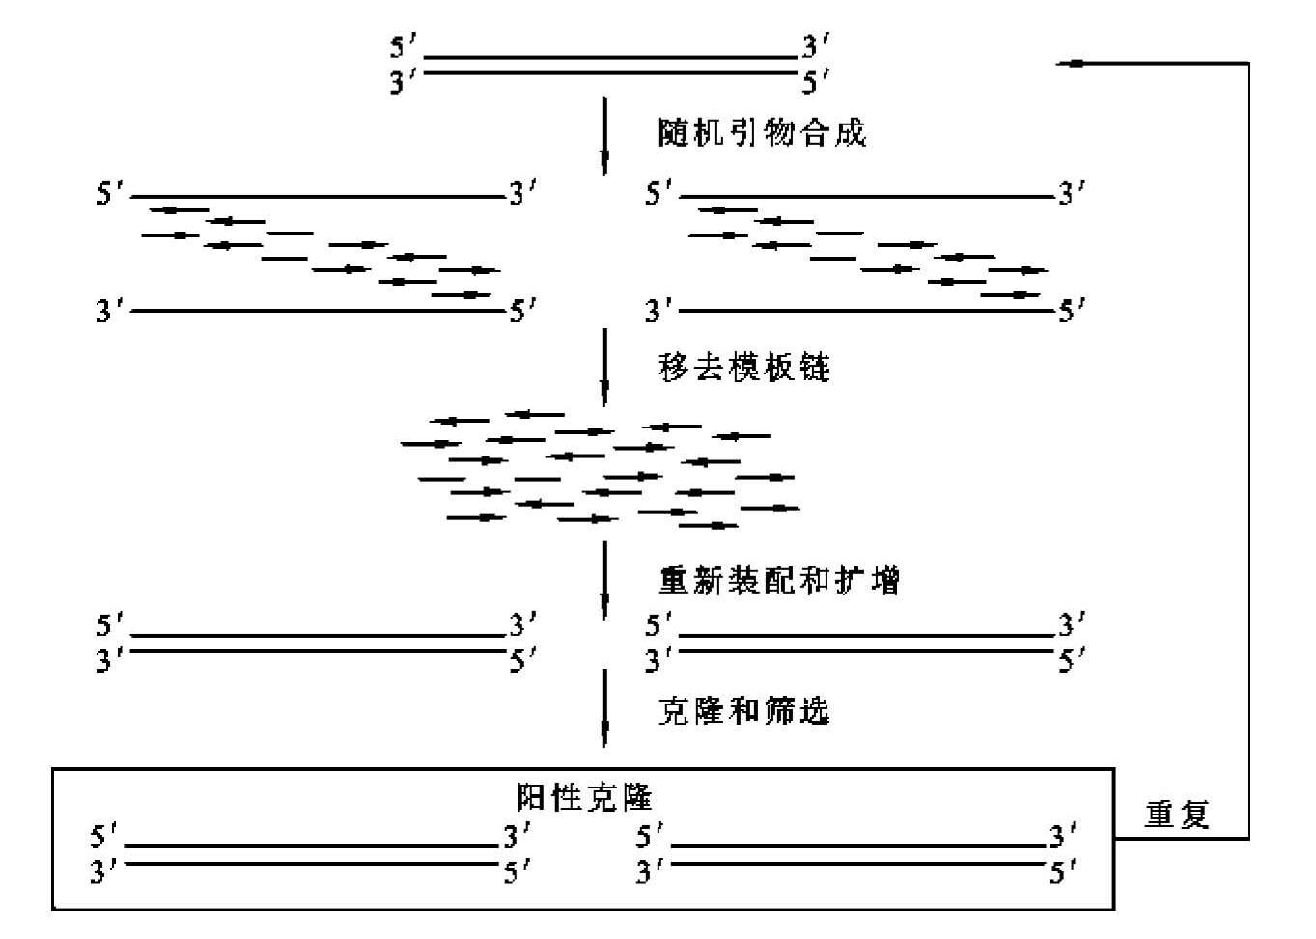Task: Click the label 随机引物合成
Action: (x=762, y=133)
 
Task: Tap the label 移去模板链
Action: (x=743, y=369)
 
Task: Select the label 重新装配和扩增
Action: (x=778, y=580)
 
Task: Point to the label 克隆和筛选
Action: (x=743, y=710)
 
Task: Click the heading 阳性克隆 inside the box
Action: (x=584, y=797)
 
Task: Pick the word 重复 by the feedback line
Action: (x=1177, y=815)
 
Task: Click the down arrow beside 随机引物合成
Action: (x=604, y=136)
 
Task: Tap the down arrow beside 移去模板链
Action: (x=604, y=368)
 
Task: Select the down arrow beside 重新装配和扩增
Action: (x=604, y=581)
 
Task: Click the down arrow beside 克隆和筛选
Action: (x=604, y=708)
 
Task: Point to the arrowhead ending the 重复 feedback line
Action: (x=1057, y=64)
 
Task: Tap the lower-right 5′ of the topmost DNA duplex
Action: (x=816, y=81)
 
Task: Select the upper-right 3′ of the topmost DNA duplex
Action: (x=816, y=45)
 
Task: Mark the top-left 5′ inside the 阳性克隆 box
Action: (x=103, y=837)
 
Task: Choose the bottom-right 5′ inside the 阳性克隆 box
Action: (x=1063, y=871)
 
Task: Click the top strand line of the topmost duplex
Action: (x=611, y=58)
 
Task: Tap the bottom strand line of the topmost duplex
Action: (x=611, y=72)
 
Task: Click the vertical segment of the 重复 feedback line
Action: (x=1248, y=451)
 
